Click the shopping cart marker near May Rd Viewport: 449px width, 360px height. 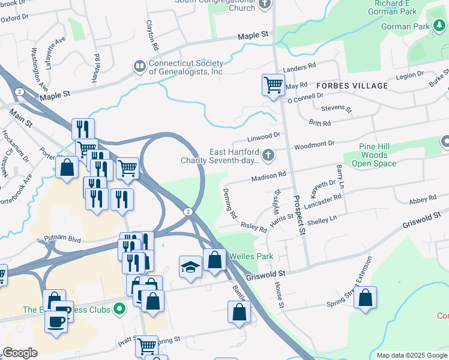click(273, 85)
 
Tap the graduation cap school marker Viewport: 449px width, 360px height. click(190, 266)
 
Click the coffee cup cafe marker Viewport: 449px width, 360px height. click(57, 321)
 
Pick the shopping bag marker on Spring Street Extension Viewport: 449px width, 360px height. click(365, 298)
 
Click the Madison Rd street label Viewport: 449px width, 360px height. click(268, 176)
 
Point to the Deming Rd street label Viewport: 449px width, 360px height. click(231, 206)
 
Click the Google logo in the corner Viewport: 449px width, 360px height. click(20, 353)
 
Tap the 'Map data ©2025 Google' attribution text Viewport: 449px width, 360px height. click(412, 355)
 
